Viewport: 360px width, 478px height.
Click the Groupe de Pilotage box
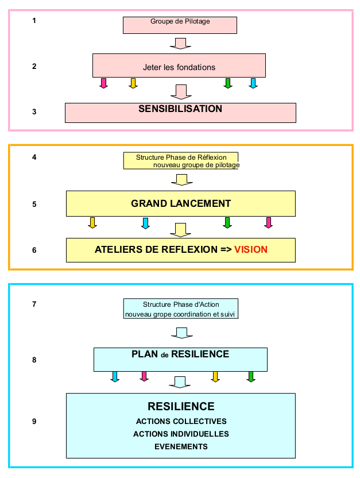point(180,25)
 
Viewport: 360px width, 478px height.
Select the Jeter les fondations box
point(179,65)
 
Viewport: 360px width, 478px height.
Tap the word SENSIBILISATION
point(180,109)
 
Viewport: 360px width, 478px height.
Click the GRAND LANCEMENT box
point(180,203)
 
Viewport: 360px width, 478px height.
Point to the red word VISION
point(251,250)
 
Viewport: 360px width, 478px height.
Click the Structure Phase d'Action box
point(181,309)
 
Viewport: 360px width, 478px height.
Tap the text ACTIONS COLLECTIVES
point(181,421)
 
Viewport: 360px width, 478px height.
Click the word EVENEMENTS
point(181,446)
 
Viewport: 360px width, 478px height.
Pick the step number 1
point(34,21)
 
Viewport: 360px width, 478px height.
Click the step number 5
point(34,203)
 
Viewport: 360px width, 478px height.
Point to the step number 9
point(34,422)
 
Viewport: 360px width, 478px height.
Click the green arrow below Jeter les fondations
point(227,83)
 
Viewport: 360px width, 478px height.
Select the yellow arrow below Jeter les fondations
point(133,83)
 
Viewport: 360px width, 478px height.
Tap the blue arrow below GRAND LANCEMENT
point(145,223)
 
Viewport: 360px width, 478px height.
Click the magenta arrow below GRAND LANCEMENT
point(268,223)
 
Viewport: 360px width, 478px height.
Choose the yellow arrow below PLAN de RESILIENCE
point(216,377)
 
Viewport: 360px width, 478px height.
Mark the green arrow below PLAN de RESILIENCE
point(250,377)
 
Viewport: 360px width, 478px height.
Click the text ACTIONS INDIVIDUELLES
point(181,434)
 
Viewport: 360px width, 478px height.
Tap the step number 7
point(34,304)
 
